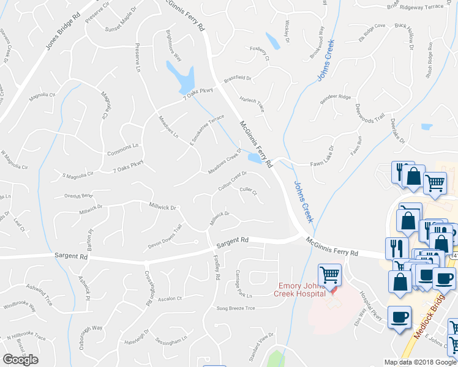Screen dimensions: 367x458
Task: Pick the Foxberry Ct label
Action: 260,53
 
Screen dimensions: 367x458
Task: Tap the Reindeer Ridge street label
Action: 336,97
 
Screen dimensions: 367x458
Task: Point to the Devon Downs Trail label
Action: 165,237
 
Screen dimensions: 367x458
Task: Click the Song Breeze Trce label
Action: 235,308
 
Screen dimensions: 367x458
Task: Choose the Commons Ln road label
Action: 122,150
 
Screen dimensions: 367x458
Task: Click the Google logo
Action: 20,360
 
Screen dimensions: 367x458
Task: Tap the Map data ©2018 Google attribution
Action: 419,362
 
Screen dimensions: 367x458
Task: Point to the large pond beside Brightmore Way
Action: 181,76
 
